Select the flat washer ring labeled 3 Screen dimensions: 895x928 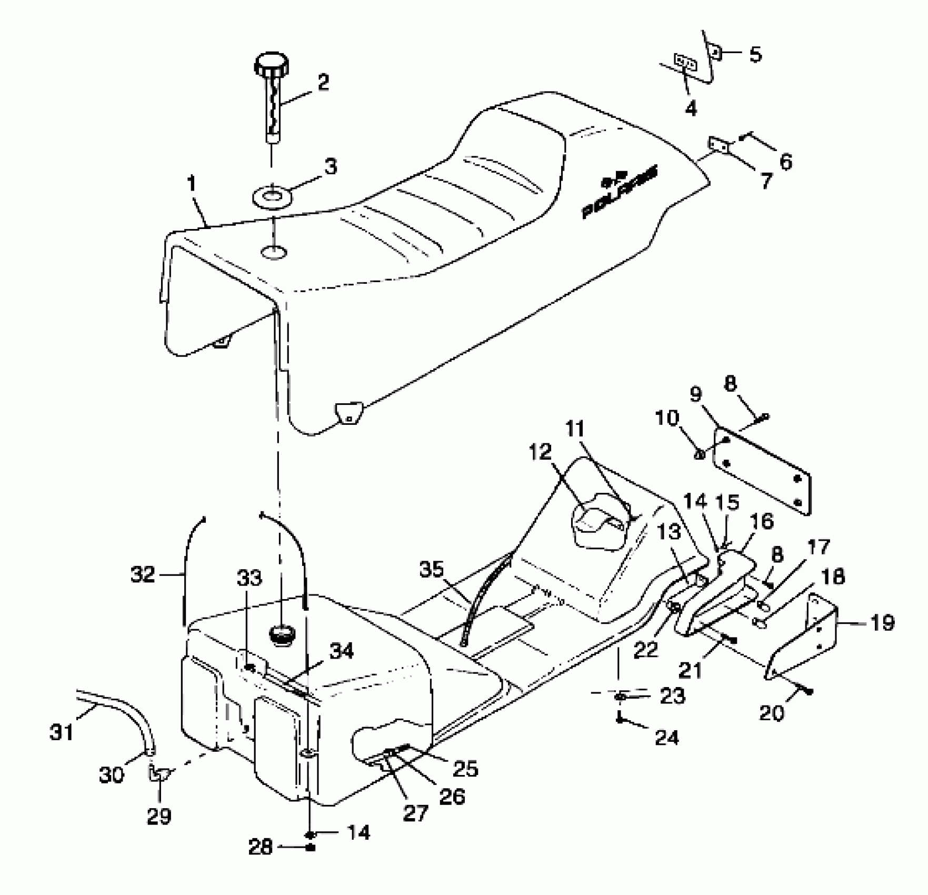(x=272, y=198)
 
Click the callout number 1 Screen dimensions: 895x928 (x=191, y=185)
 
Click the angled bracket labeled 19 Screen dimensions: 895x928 (x=805, y=638)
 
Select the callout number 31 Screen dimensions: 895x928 (x=62, y=732)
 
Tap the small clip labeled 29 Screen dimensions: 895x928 (x=158, y=774)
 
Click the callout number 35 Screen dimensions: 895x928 (x=431, y=570)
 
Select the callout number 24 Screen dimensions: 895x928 (x=666, y=738)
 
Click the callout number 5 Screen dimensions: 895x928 (x=755, y=54)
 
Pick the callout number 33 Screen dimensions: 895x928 (x=250, y=579)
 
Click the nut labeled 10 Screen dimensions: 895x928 (x=701, y=453)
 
